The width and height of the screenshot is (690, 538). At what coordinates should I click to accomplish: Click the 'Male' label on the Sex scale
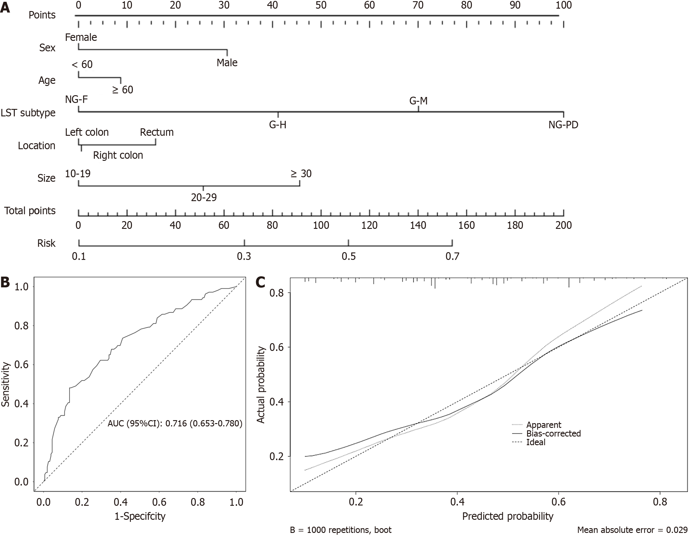click(227, 63)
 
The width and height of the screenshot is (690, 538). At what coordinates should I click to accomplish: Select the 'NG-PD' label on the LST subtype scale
click(563, 125)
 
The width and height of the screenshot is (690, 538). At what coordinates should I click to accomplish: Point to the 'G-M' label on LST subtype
click(418, 101)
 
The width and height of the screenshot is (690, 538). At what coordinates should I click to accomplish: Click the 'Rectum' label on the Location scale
click(157, 132)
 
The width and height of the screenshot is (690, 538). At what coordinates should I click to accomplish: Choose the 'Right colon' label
click(118, 155)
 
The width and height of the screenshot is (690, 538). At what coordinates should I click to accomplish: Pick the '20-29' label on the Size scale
click(204, 198)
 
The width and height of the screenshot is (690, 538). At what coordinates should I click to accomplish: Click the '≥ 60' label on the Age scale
click(123, 90)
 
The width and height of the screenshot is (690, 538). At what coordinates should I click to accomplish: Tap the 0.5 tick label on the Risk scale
click(349, 256)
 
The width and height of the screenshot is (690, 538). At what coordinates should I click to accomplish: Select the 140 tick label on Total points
click(418, 225)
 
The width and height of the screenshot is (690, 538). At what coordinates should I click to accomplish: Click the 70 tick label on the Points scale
click(418, 5)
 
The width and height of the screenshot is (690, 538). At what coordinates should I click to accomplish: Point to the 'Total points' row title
click(30, 210)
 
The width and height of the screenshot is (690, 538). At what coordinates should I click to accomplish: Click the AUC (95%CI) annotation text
click(175, 423)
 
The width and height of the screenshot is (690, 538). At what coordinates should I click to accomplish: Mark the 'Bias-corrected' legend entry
click(554, 434)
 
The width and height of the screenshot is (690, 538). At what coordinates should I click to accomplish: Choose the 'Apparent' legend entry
click(544, 425)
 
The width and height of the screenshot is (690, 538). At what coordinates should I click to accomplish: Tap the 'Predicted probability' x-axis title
click(508, 516)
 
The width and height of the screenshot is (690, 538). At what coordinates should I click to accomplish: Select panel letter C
click(260, 282)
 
